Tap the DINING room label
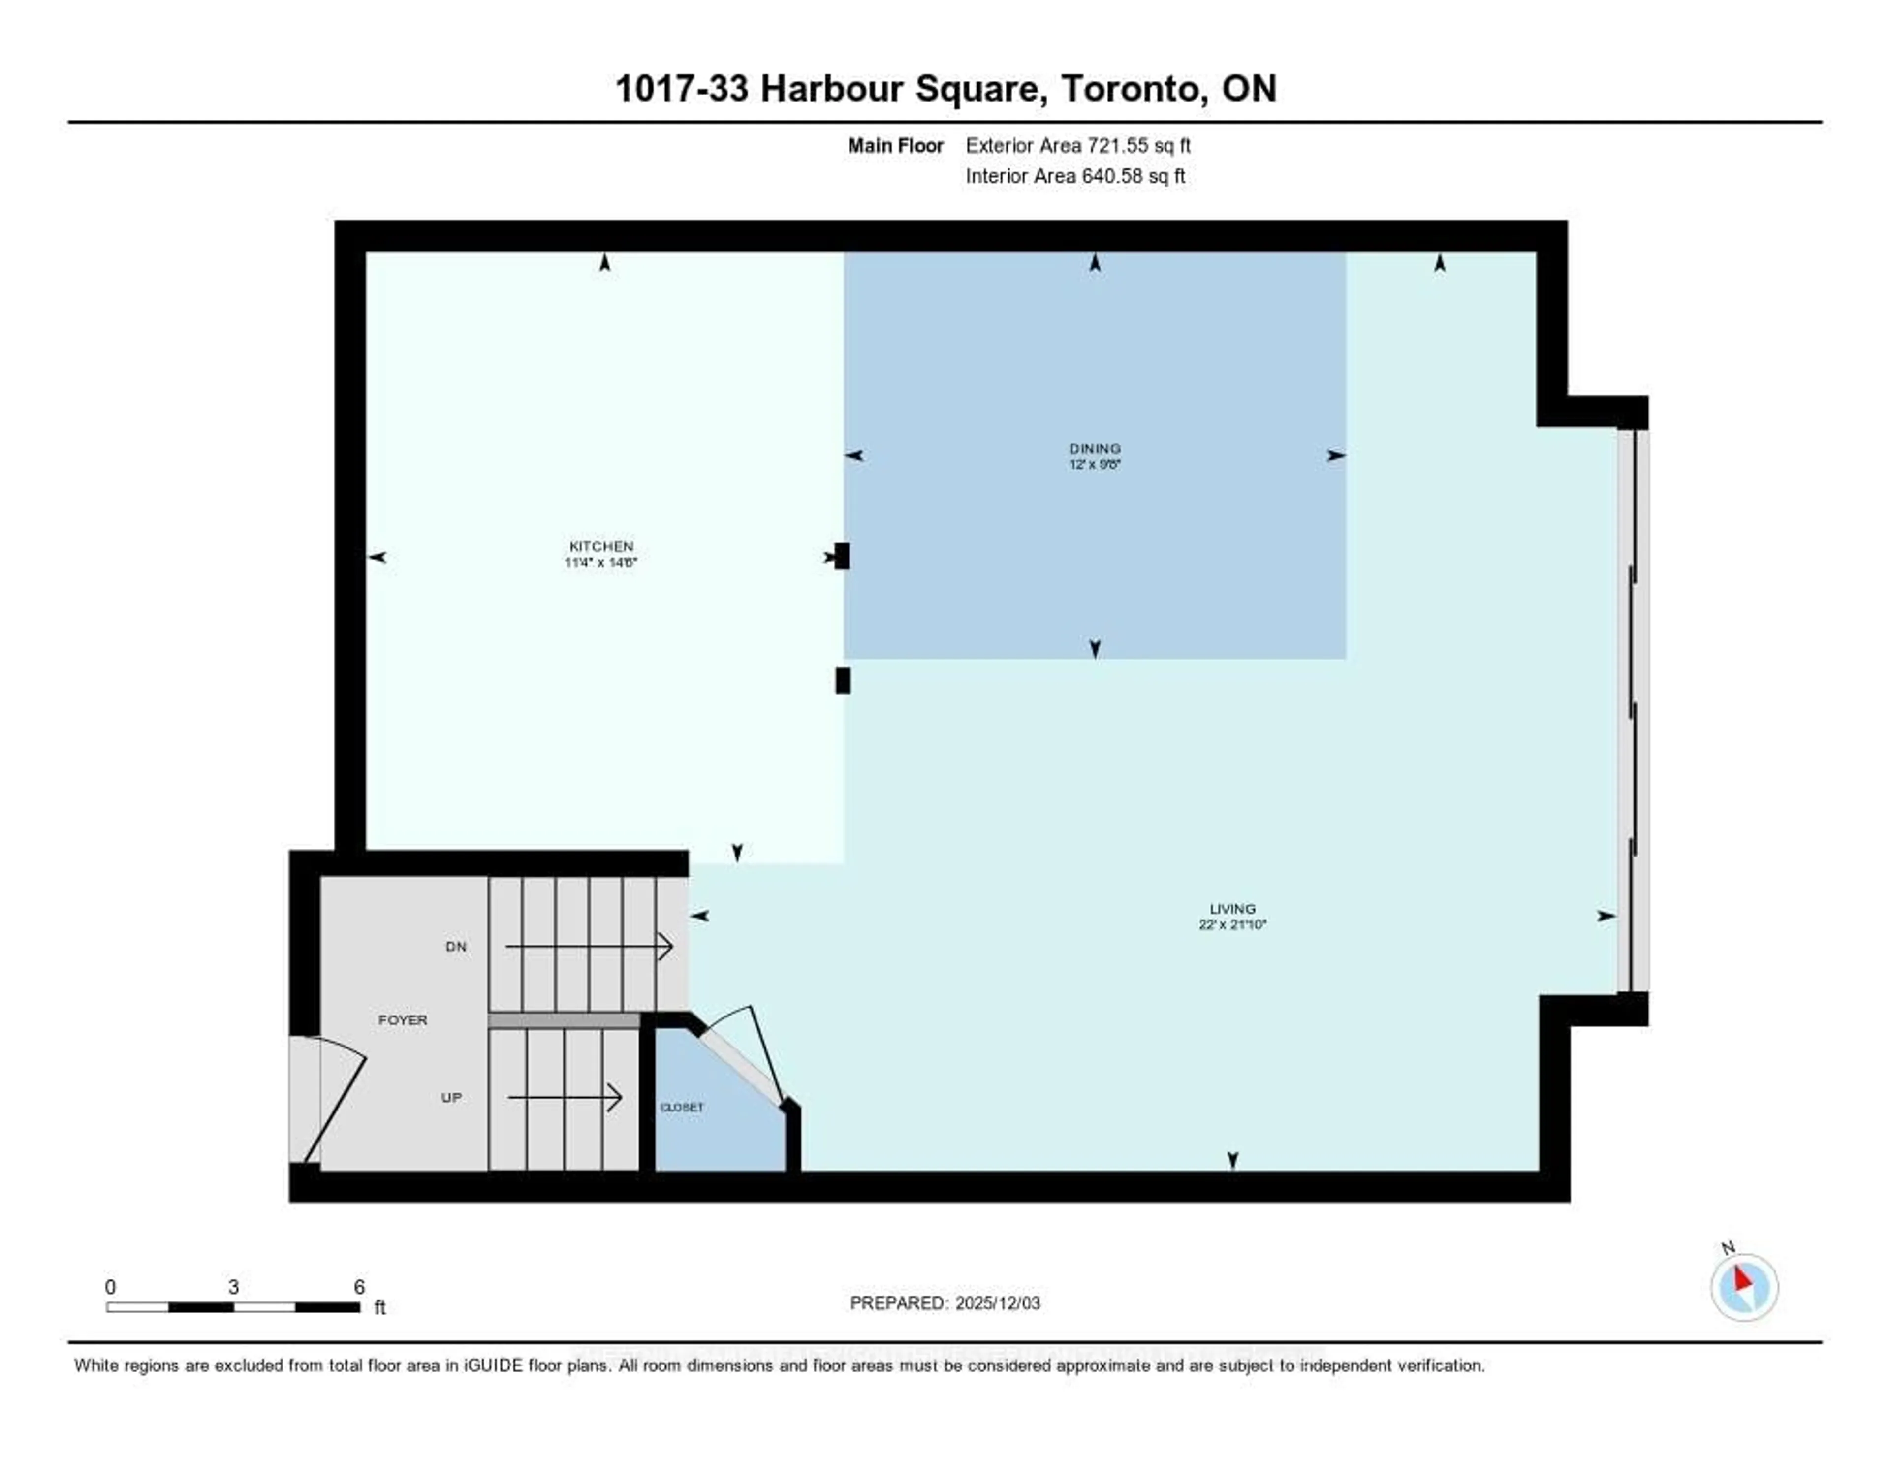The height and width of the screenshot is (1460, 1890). pos(1095,448)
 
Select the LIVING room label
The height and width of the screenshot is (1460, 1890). pos(1232,909)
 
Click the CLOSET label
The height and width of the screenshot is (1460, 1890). pos(682,1107)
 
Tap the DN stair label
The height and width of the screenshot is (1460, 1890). pos(456,947)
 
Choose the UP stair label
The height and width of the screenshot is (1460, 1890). pos(451,1097)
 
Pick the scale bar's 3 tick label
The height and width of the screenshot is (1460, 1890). pos(234,1287)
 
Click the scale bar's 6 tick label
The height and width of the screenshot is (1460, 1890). pos(359,1287)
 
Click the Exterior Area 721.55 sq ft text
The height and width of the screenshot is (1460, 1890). pos(1077,145)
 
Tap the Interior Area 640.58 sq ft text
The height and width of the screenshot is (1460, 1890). pos(1075,177)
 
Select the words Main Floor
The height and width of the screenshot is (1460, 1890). pos(895,145)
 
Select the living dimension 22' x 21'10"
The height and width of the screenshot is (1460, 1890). pos(1232,924)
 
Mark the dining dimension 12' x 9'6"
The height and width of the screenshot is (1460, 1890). pos(1095,464)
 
